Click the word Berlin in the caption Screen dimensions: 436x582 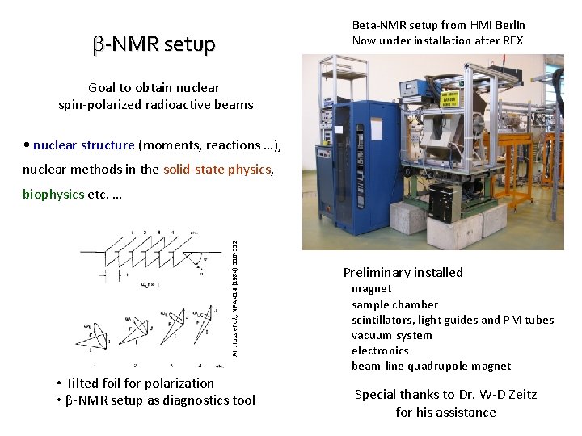[x=508, y=25]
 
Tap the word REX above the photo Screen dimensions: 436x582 [x=511, y=40]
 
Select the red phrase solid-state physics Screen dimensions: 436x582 [x=217, y=169]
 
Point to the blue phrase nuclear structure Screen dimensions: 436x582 [x=84, y=145]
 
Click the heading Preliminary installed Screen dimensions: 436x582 [x=403, y=272]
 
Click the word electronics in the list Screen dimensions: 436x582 [x=380, y=350]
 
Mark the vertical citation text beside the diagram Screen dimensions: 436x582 [x=234, y=291]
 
